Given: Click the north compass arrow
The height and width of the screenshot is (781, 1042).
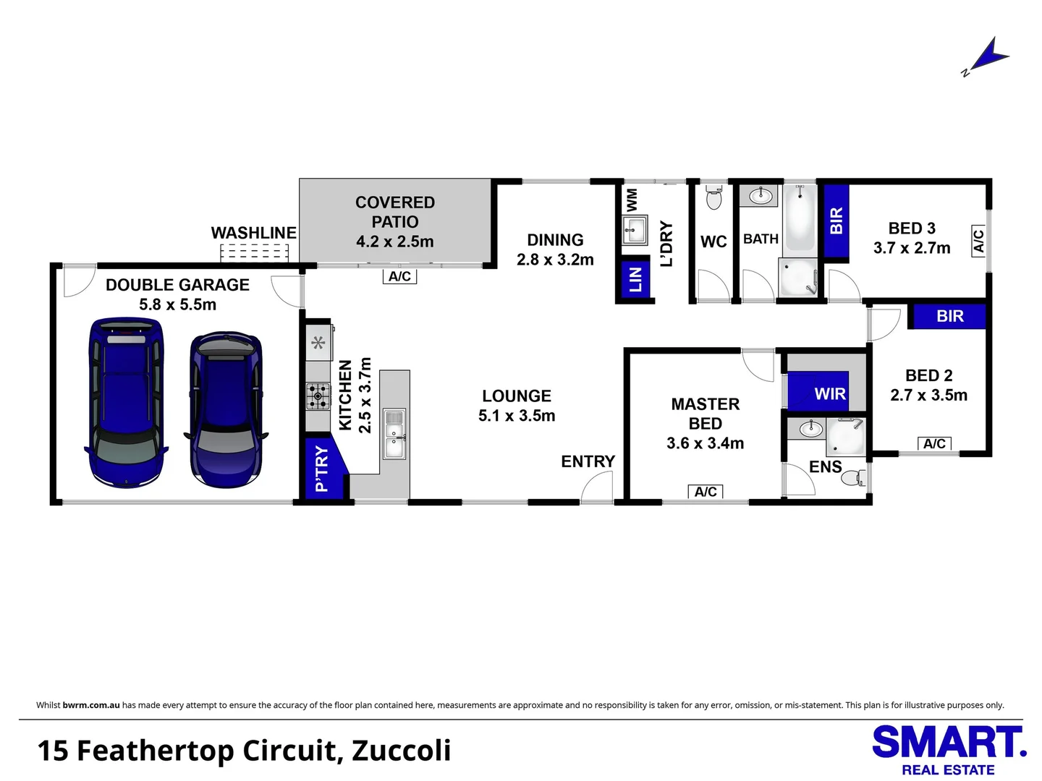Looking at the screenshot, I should click(988, 56).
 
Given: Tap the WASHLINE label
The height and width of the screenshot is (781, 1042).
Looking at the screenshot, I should click(253, 233).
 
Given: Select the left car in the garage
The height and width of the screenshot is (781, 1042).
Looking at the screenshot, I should click(124, 402).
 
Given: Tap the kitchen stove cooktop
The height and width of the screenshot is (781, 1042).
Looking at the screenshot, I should click(318, 396).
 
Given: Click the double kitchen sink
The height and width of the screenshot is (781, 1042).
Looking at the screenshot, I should click(394, 434).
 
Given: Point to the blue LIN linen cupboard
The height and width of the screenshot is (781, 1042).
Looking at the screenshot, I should click(635, 278).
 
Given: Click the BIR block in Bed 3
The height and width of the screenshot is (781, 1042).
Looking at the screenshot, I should click(836, 221).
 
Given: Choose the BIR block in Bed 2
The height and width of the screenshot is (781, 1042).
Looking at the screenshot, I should click(949, 316).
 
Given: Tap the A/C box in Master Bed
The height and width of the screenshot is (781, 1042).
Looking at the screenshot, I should click(706, 492).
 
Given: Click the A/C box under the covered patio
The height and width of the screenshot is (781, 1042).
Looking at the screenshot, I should click(399, 276).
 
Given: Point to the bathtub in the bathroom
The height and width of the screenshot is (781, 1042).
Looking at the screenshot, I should click(799, 217).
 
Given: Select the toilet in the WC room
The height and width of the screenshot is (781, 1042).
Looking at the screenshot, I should click(713, 197).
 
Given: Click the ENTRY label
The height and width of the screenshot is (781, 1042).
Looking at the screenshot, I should click(588, 461).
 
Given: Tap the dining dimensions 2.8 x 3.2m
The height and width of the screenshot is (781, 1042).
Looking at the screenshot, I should click(555, 260).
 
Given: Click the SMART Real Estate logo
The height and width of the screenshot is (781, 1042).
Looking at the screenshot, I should click(948, 749).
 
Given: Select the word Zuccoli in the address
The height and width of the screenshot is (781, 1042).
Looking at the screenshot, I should click(401, 751).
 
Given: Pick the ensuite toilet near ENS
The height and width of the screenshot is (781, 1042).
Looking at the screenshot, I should click(857, 477).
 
